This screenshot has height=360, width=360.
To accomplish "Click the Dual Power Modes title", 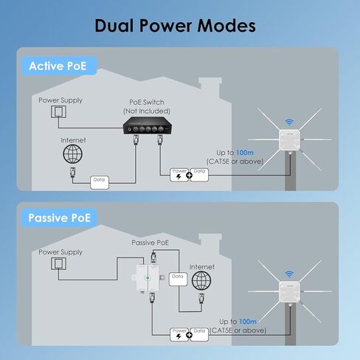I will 175,26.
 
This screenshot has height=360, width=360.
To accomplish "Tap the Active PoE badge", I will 57,66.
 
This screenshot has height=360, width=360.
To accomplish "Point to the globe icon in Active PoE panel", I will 72,154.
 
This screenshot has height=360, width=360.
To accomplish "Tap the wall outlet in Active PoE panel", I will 57,113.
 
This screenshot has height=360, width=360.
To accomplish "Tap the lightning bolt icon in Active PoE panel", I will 179,176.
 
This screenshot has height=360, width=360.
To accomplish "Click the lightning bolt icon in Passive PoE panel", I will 179,334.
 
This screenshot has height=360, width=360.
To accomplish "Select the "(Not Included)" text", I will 143,111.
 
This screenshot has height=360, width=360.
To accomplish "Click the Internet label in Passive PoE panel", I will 201,266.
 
